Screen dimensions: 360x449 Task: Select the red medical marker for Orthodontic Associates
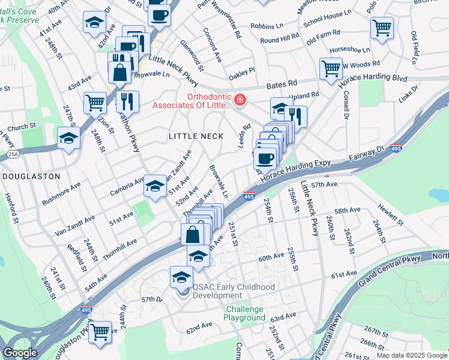(240, 100)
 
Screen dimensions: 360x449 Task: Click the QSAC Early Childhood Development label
(234, 291)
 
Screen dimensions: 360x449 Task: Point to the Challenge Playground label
(245, 313)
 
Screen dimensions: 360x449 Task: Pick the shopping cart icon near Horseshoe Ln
(382, 28)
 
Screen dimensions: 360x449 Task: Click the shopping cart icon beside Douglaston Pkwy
(100, 331)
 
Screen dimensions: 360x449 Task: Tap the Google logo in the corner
(20, 353)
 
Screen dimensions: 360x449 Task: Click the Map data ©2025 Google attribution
(412, 356)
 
